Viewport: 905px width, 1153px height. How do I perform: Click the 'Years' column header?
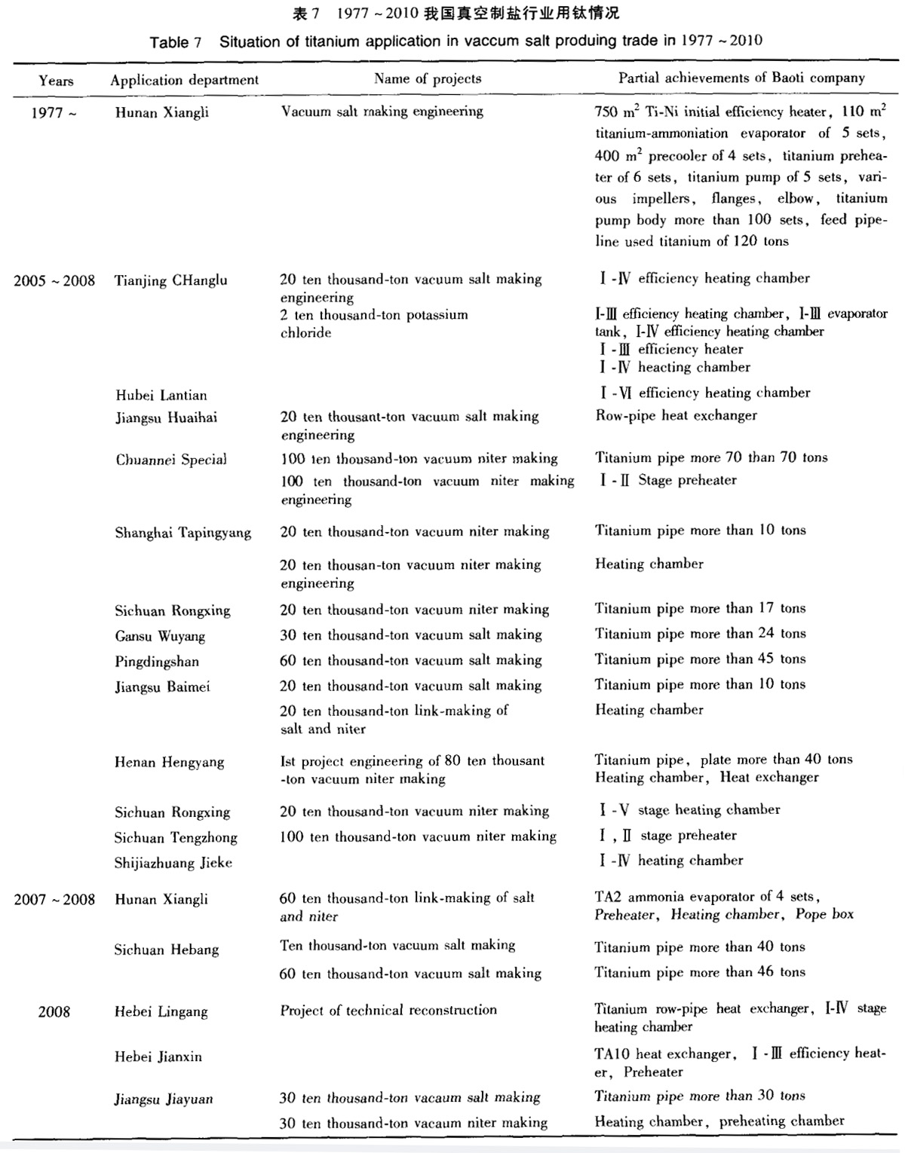pos(56,81)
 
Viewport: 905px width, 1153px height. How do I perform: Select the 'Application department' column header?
pos(184,80)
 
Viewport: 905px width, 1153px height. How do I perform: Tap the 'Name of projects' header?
pos(427,78)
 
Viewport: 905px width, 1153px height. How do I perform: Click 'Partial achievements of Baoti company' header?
pos(741,78)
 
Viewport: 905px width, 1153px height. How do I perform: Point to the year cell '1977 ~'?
pos(54,113)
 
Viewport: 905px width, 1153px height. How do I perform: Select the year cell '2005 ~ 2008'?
pos(54,281)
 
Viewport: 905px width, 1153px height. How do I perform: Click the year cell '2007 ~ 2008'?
pos(54,899)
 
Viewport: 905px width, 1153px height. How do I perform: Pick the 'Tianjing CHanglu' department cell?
pos(170,281)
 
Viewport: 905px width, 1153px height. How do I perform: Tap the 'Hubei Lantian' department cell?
pos(161,395)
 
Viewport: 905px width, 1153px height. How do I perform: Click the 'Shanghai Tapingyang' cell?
pos(183,533)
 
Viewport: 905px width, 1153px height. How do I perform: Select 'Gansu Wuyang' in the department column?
pos(160,636)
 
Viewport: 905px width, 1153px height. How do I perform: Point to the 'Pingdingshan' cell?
pos(157,662)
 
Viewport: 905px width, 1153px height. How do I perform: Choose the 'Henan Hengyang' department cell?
pos(169,762)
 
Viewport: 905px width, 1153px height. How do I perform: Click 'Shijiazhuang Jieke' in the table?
pos(173,863)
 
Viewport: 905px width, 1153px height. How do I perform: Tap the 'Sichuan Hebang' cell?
pos(166,950)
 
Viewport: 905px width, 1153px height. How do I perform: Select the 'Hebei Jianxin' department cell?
pos(158,1057)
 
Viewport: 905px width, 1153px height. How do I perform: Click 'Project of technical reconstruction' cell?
pos(388,1011)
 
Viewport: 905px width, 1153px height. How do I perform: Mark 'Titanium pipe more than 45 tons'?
pos(700,659)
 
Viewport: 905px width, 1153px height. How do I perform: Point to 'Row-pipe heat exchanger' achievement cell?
pos(676,415)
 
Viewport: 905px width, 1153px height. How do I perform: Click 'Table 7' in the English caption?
pos(175,42)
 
